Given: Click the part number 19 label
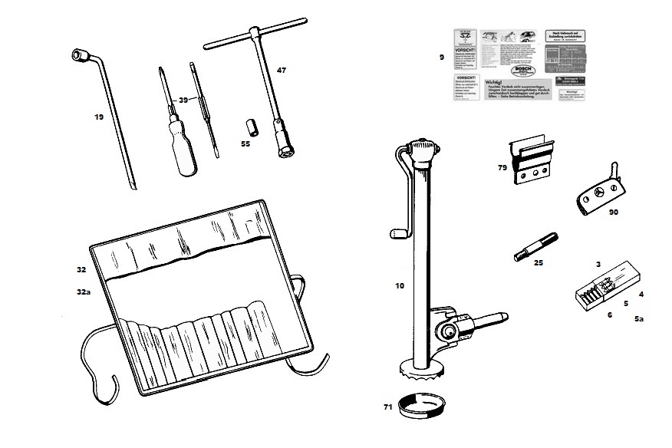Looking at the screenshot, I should pos(99,117).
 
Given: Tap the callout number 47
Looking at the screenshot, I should pos(282,71).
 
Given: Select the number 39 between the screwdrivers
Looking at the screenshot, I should pos(183,100).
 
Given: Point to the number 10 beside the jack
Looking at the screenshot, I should pos(399,286).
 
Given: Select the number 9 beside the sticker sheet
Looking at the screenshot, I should pos(441,57).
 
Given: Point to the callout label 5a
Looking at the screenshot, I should pos(639,319).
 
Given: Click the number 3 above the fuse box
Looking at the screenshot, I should pos(598,264).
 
